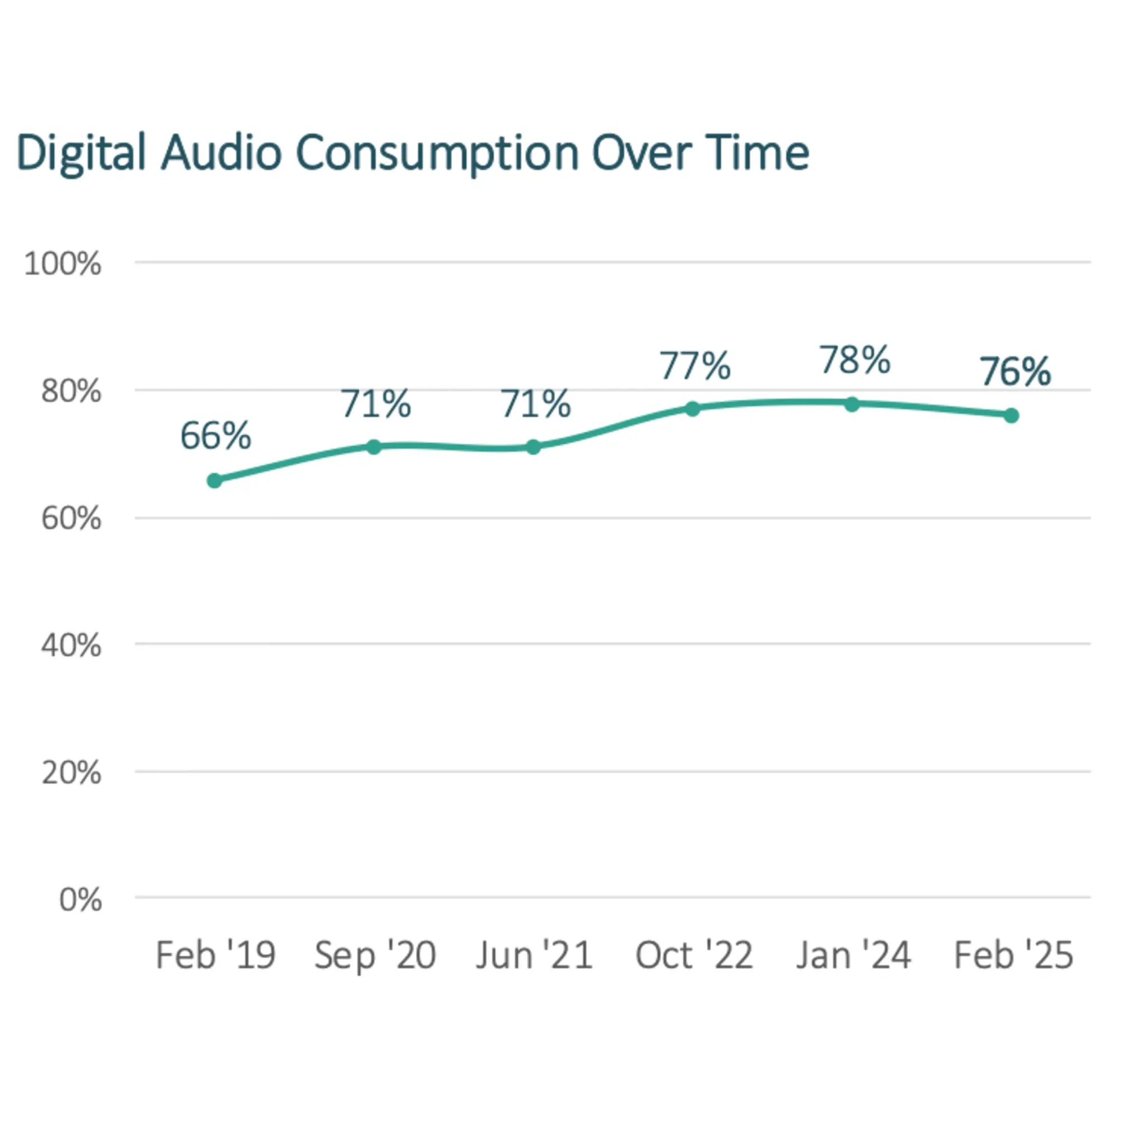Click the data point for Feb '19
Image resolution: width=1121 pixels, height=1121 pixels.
(x=214, y=480)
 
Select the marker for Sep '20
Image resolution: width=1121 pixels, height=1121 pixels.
(x=374, y=447)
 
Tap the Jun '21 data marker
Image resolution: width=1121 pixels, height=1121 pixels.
(x=533, y=447)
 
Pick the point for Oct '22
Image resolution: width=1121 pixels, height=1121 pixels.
(x=692, y=409)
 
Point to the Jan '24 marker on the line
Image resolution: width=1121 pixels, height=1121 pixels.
(x=852, y=404)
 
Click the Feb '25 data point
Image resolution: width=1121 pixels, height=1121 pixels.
(x=1011, y=415)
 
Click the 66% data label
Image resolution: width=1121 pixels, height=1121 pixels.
(x=215, y=436)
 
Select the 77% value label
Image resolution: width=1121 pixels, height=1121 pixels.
(x=694, y=366)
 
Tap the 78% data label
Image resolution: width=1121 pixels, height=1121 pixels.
(x=855, y=360)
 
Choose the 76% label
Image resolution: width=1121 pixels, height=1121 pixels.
(x=1016, y=372)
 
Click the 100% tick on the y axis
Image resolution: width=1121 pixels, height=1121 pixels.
(x=63, y=264)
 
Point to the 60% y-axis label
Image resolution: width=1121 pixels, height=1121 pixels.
(x=71, y=518)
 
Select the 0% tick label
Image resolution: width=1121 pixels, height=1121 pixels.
(x=80, y=900)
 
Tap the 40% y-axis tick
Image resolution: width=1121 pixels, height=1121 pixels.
(x=71, y=645)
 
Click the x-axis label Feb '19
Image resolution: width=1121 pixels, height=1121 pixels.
(x=215, y=956)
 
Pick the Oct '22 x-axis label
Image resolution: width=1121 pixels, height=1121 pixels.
(x=694, y=956)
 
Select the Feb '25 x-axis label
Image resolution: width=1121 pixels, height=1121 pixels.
(x=1013, y=956)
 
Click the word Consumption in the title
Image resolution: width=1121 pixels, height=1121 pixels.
(x=438, y=153)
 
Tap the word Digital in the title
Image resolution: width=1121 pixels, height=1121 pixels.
(x=81, y=153)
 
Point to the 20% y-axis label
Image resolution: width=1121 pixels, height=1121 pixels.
(x=71, y=773)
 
